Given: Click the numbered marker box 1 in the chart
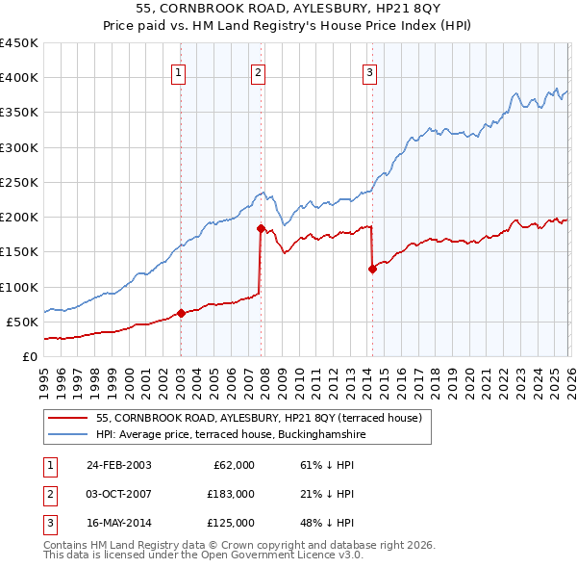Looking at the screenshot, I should coord(180,70).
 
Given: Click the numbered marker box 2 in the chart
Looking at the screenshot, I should coord(259,70).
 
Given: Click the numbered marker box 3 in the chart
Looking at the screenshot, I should coord(370,70).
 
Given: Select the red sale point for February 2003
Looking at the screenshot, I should coord(181,313).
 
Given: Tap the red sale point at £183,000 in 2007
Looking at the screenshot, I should coord(260,228).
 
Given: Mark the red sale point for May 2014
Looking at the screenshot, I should coord(371,269).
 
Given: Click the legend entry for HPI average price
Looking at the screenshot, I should coord(231,434).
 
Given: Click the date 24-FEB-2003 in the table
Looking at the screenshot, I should coord(119,465).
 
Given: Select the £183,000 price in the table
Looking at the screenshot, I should coord(230,494).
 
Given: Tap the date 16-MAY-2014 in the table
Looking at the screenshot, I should coord(119,523).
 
